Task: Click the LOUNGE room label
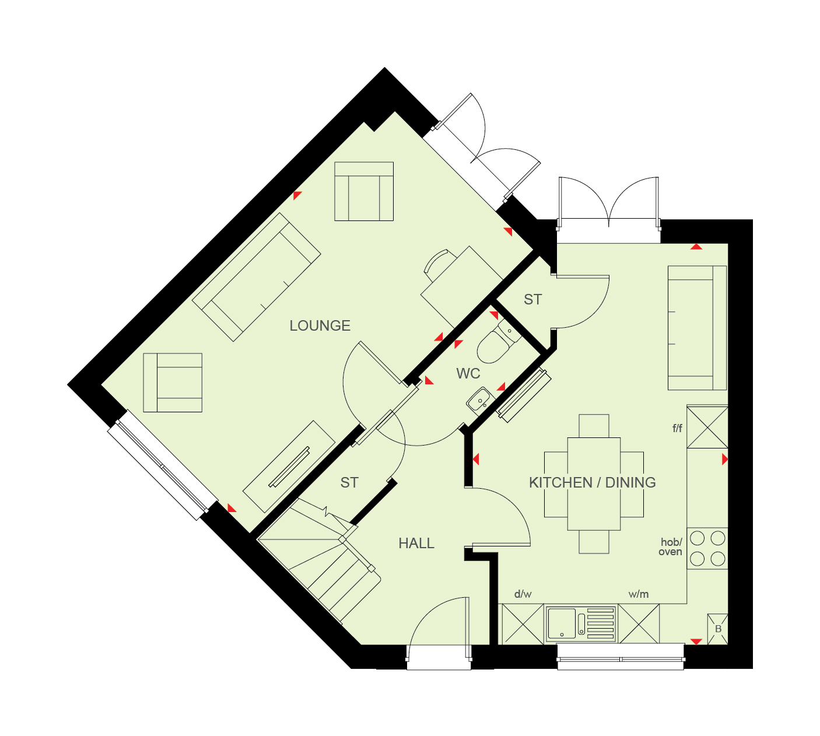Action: [320, 325]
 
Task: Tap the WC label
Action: [468, 373]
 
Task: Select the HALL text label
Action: [416, 544]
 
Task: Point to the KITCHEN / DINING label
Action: [592, 482]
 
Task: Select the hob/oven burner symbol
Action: [707, 549]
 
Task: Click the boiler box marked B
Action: [717, 629]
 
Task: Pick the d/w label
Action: [523, 594]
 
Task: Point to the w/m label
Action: [638, 594]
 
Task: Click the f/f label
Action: [677, 428]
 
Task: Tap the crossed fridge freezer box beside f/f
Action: [707, 427]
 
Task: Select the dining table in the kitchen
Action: [594, 484]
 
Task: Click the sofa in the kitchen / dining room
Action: [697, 328]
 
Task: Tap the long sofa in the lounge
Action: [256, 278]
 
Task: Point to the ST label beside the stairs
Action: [349, 482]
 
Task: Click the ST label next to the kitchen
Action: [532, 300]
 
